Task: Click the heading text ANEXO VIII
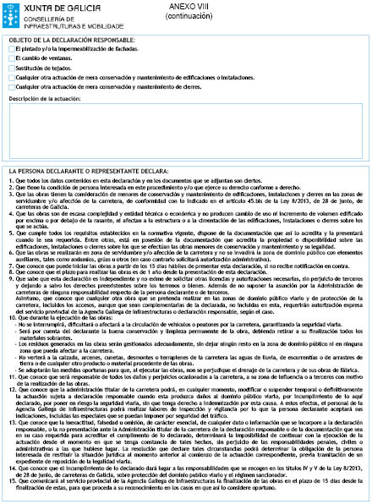[x=206, y=5]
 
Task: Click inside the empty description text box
[x=185, y=147]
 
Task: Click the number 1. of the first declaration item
[x=8, y=205]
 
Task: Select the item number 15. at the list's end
[x=10, y=485]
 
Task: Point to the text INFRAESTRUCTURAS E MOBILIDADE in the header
[x=59, y=23]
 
